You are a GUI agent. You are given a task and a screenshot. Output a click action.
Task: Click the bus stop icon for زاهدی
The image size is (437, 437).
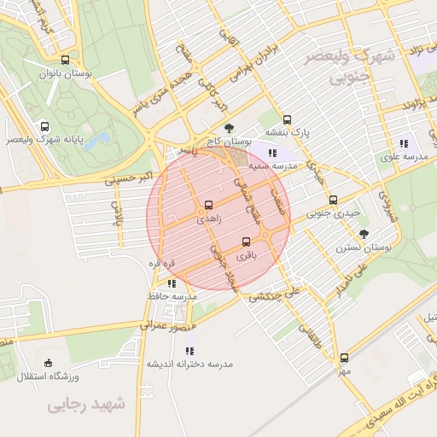(x=207, y=206)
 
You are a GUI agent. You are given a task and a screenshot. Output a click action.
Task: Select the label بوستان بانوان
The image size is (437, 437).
(x=65, y=74)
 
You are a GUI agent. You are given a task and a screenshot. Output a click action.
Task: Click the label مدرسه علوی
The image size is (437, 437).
(x=402, y=158)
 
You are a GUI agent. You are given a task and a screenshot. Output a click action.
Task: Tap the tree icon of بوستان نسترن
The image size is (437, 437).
(x=365, y=232)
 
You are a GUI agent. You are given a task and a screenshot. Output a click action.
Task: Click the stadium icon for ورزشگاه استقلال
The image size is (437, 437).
(x=48, y=363)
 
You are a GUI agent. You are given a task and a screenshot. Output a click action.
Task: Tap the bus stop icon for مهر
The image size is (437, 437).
(x=344, y=358)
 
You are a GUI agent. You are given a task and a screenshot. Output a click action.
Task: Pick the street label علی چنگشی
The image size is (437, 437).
(x=276, y=294)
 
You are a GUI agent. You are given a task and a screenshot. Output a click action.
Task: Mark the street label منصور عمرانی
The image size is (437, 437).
(x=168, y=325)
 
